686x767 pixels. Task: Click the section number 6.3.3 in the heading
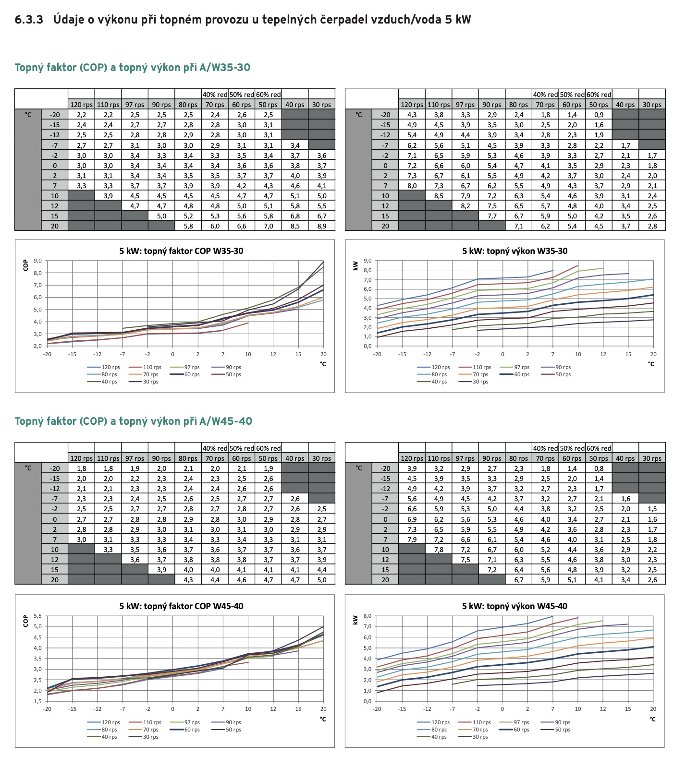(29, 20)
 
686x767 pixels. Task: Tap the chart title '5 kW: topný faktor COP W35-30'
(181, 251)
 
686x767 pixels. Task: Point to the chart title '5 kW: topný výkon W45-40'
(514, 606)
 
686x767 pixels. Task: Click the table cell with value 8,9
(321, 226)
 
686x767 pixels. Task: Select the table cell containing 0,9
(599, 115)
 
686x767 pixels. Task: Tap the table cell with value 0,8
(599, 468)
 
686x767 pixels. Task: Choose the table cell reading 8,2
(465, 206)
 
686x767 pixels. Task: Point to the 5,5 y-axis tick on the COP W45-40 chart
(38, 616)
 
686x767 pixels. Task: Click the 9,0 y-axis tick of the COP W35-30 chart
(38, 261)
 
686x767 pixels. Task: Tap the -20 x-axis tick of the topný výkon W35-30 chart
(377, 354)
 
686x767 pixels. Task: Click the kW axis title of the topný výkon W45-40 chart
(355, 620)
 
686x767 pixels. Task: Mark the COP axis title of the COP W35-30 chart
(25, 265)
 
